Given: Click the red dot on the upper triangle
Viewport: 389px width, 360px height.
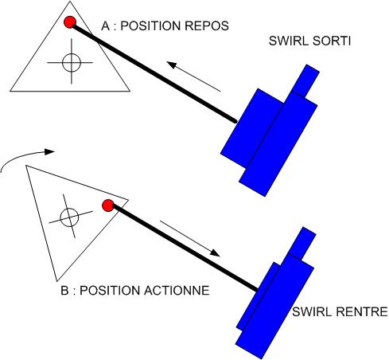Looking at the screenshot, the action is pyautogui.click(x=70, y=22).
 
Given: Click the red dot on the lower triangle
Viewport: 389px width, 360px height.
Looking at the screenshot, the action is pyautogui.click(x=108, y=205).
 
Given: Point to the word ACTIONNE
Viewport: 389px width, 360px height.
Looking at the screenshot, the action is pyautogui.click(x=177, y=291).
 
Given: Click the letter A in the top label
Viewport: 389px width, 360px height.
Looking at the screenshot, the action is pyautogui.click(x=106, y=26).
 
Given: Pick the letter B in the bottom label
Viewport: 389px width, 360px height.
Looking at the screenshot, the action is pyautogui.click(x=64, y=291).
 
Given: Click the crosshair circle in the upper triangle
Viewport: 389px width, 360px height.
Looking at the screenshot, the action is pyautogui.click(x=72, y=63).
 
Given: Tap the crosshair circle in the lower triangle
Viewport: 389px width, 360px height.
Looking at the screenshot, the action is pyautogui.click(x=69, y=217).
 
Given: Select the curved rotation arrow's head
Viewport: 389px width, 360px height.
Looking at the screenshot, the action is pyautogui.click(x=49, y=152).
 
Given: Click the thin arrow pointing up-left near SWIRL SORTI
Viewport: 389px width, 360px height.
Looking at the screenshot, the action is pyautogui.click(x=193, y=76).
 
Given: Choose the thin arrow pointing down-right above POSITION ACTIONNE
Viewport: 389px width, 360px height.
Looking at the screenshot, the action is pyautogui.click(x=190, y=239).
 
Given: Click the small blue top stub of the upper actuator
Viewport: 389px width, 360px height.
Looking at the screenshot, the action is pyautogui.click(x=305, y=80).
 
